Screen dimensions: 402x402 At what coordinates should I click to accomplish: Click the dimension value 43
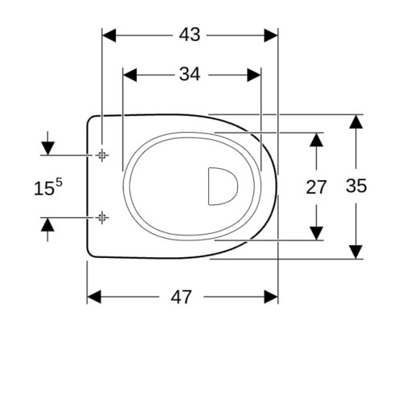coord(190,35)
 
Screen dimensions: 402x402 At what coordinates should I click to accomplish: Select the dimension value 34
coord(190,74)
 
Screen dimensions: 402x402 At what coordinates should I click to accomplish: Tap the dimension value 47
coord(181,297)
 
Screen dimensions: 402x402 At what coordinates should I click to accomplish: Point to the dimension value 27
coord(316,187)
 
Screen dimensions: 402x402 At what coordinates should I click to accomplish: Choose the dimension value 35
coord(356,186)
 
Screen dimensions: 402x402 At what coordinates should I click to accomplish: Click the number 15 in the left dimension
coord(43,188)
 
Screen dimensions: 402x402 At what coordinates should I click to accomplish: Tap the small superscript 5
coord(59,183)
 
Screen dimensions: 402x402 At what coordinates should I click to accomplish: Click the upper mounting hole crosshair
coord(102,155)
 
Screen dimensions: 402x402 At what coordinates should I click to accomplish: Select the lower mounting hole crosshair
coord(102,218)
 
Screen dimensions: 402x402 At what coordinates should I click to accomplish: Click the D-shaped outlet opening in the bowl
coord(223,187)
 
